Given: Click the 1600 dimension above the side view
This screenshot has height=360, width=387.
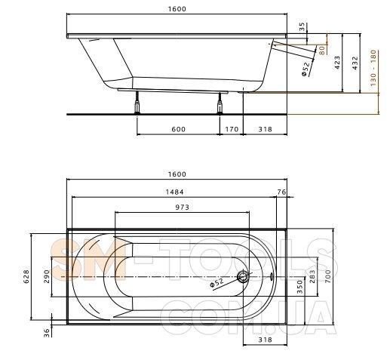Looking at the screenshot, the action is (x=177, y=9).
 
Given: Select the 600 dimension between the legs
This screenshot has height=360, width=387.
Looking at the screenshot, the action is (x=178, y=129).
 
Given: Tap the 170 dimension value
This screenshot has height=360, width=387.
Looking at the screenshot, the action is (x=232, y=129).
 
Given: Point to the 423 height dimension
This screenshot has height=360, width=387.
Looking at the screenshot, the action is (x=337, y=63).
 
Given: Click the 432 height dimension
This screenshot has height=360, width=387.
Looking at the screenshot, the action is (x=355, y=63).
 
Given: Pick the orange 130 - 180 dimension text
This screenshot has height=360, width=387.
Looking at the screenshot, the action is (x=373, y=68).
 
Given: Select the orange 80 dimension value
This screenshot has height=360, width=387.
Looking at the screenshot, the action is (x=322, y=50).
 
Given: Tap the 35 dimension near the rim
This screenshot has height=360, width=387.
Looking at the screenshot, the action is (x=302, y=26).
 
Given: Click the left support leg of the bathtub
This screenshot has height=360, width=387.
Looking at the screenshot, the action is (x=137, y=103).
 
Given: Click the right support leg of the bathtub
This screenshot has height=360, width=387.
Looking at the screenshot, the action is (x=220, y=103).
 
